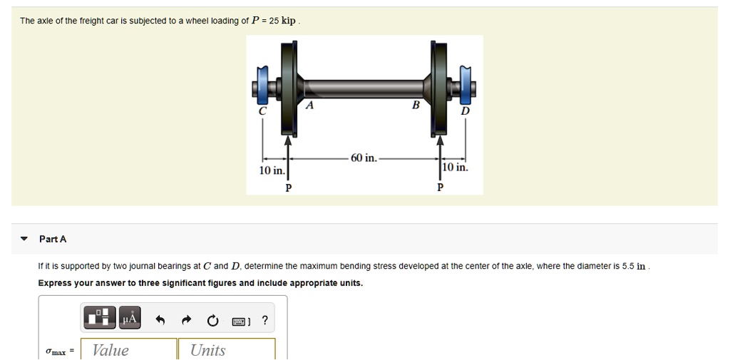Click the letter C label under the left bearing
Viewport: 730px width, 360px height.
click(262, 111)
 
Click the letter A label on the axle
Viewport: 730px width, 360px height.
click(309, 106)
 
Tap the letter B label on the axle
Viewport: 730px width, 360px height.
click(416, 105)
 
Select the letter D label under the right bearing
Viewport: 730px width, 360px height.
click(466, 111)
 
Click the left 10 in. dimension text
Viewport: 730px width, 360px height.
click(272, 171)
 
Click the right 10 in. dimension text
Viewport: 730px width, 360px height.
click(455, 168)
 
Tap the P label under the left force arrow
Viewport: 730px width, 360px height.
click(288, 187)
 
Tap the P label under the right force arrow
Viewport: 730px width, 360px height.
click(440, 187)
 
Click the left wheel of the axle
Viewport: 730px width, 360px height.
click(289, 86)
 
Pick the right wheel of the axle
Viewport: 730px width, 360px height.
click(440, 86)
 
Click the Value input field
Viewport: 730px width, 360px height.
click(129, 349)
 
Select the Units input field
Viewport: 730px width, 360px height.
click(226, 349)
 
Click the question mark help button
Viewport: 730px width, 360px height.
click(265, 321)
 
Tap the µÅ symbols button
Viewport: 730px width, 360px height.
click(129, 319)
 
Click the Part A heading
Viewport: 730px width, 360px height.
click(53, 239)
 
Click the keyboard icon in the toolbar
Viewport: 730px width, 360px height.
click(239, 322)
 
